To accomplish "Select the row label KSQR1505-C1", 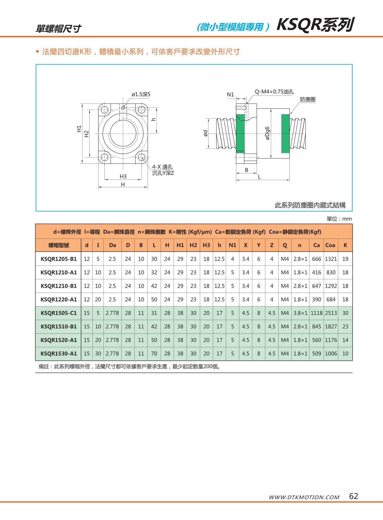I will click(x=58, y=313).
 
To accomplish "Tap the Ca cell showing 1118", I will click(x=316, y=313).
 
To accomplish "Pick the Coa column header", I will click(x=330, y=245).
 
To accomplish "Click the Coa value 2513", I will click(x=330, y=313).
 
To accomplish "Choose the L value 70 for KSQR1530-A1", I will click(x=154, y=353).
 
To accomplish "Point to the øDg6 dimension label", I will click(x=267, y=133).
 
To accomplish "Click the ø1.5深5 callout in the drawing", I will click(x=141, y=94).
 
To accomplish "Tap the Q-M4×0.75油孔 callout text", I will click(x=274, y=92).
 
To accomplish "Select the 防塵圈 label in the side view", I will click(x=307, y=99).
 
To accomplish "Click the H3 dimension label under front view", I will click(x=123, y=176).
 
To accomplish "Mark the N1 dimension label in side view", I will click(x=230, y=95).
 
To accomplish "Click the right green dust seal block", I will click(x=285, y=133).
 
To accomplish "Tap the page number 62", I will click(x=353, y=496).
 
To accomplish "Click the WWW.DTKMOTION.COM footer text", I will click(x=304, y=497).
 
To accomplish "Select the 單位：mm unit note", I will click(x=339, y=219).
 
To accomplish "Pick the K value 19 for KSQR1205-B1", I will click(x=345, y=259).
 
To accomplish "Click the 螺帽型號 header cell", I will click(x=59, y=245).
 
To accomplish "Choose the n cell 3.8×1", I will click(x=300, y=313).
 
